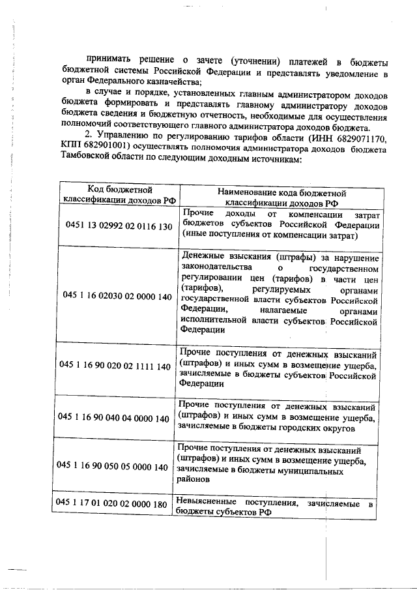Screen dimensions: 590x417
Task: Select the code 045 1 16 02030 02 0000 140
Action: coord(117,297)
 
